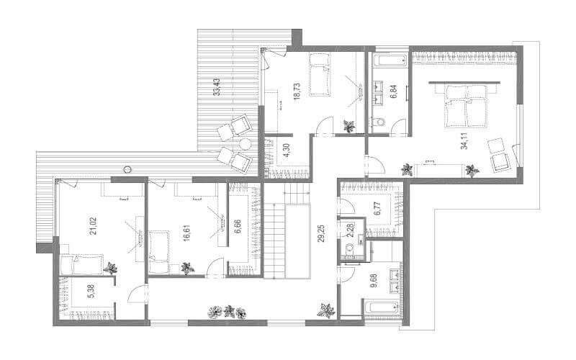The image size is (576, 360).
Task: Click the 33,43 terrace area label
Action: (217, 86)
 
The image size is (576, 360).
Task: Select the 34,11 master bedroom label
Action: (464, 140)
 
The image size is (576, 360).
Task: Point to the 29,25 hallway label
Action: (321, 233)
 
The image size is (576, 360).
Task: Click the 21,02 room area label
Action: (94, 226)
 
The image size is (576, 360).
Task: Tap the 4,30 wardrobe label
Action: (287, 150)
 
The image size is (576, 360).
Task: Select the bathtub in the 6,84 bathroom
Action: (390, 60)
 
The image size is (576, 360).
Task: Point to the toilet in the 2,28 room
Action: (349, 248)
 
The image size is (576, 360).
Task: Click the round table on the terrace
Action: (246, 144)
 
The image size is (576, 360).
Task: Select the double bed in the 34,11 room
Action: (465, 106)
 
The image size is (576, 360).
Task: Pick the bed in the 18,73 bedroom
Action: (319, 75)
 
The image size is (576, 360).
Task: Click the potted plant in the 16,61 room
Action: (187, 268)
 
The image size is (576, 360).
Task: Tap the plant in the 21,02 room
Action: (110, 269)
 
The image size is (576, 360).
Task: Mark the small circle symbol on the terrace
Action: (127, 169)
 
